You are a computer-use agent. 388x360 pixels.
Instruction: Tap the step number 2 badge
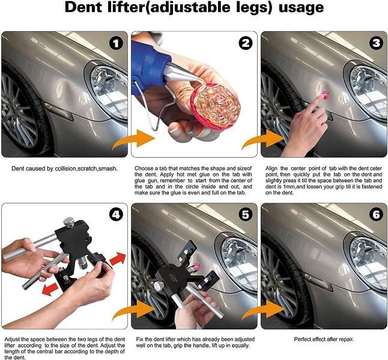pos(244,44)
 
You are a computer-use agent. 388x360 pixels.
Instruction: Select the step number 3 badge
pos(374,44)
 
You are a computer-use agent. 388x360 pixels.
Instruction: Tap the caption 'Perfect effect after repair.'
pos(325,340)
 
